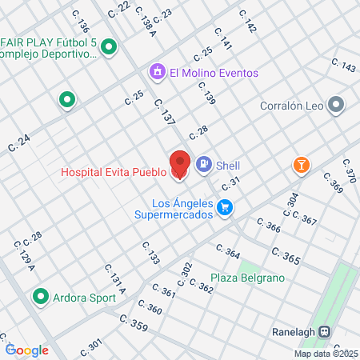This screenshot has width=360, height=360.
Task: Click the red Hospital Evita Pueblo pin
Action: coord(180,164)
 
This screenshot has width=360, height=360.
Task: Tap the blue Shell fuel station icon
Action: coord(204,165)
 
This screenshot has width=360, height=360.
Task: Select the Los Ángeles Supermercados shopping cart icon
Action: coord(226,208)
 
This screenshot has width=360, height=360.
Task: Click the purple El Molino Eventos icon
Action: coord(158,72)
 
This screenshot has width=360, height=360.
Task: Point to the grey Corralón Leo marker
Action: coord(336,105)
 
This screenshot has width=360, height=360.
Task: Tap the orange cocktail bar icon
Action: coord(302,165)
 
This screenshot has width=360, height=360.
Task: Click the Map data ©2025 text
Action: coord(326,353)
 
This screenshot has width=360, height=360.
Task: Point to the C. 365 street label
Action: coord(285,257)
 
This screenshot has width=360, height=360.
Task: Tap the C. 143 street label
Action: coord(342,66)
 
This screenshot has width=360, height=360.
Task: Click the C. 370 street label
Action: coord(349,170)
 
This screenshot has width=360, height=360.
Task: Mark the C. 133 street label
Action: coord(151,254)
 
